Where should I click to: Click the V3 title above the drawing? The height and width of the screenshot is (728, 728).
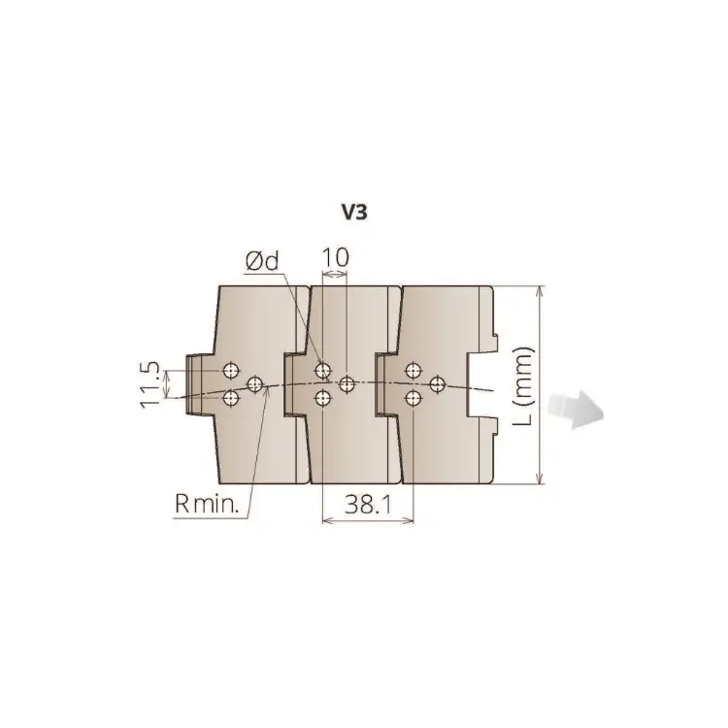(x=354, y=213)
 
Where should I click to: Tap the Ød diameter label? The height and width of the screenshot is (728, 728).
(x=262, y=262)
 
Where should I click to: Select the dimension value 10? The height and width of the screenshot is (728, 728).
(x=335, y=257)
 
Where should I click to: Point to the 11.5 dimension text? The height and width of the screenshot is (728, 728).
(x=149, y=384)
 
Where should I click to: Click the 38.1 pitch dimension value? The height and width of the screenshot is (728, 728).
(x=368, y=504)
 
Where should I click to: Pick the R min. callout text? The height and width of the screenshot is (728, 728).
(x=207, y=503)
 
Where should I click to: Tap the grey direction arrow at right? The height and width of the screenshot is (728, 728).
(x=576, y=410)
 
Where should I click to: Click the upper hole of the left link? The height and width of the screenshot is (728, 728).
(x=231, y=371)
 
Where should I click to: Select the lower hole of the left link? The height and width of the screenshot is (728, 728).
(x=231, y=398)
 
